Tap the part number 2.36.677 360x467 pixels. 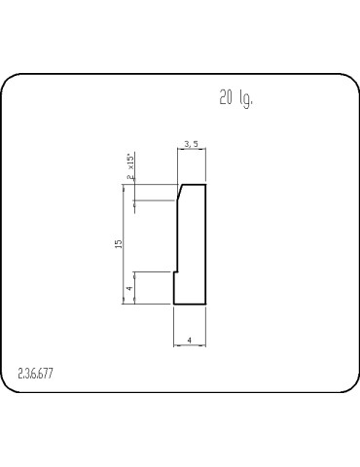click(x=36, y=374)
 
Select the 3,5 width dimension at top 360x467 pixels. click(x=191, y=145)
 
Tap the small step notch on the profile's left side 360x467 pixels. click(x=175, y=271)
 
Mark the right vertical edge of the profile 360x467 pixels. click(x=206, y=243)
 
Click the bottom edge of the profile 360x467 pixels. click(x=190, y=305)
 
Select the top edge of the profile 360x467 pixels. click(x=194, y=184)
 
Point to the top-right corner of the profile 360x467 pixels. click(x=206, y=184)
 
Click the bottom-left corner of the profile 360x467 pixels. click(x=173, y=305)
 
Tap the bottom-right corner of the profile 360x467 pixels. click(x=206, y=305)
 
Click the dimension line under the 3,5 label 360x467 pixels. click(x=192, y=152)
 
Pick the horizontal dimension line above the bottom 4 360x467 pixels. click(x=190, y=344)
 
